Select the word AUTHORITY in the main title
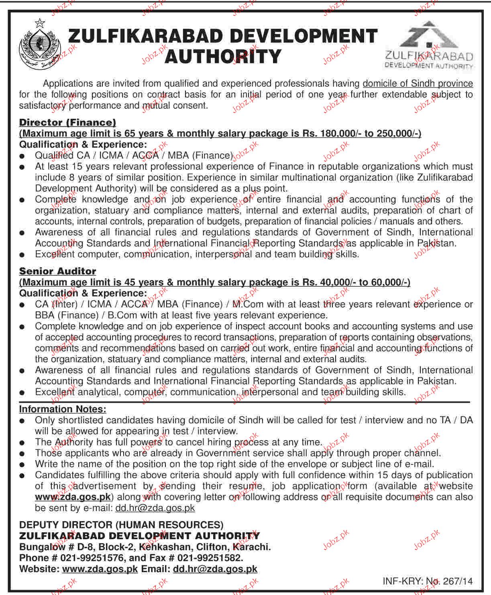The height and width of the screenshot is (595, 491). click(x=223, y=56)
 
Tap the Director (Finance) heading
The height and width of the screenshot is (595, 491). click(x=67, y=123)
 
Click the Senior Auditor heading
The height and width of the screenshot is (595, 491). click(x=57, y=272)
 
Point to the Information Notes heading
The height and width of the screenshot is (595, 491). click(x=63, y=409)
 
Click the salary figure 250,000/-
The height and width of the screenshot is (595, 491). click(x=397, y=134)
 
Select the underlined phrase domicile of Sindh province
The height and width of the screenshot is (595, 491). click(x=418, y=83)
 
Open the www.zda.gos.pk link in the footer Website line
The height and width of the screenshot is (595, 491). click(x=100, y=569)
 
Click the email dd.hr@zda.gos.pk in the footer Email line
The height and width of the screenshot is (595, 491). click(x=215, y=569)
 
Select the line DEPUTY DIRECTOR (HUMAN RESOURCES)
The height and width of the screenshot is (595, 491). click(x=121, y=525)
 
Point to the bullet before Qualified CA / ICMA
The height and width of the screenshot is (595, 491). click(x=24, y=156)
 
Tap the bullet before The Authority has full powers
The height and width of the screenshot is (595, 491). click(x=24, y=443)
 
